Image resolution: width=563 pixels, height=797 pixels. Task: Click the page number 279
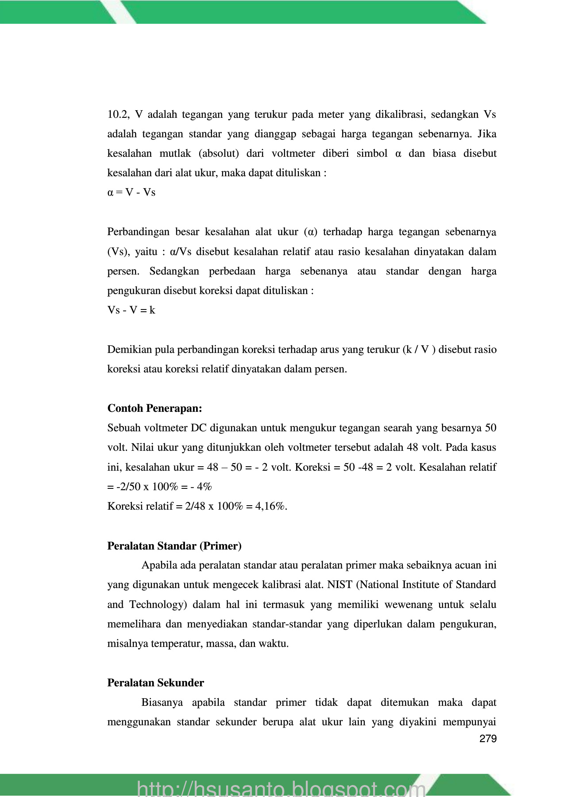tap(488, 739)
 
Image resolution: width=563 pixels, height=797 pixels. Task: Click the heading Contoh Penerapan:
tap(154, 408)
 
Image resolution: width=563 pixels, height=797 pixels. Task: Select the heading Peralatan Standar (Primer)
tap(174, 546)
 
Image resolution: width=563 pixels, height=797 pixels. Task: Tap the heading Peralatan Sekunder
tap(155, 683)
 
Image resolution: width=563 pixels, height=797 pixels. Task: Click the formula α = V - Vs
tap(131, 193)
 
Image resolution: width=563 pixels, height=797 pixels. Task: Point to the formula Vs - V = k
tap(131, 310)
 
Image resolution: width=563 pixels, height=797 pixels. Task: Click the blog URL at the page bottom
tap(281, 788)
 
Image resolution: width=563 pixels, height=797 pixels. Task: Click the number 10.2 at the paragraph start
tap(118, 115)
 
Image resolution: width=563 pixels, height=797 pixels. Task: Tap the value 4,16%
tap(271, 506)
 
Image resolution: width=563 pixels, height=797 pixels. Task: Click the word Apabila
tap(159, 565)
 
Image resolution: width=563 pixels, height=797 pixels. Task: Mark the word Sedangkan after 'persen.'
tap(174, 271)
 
